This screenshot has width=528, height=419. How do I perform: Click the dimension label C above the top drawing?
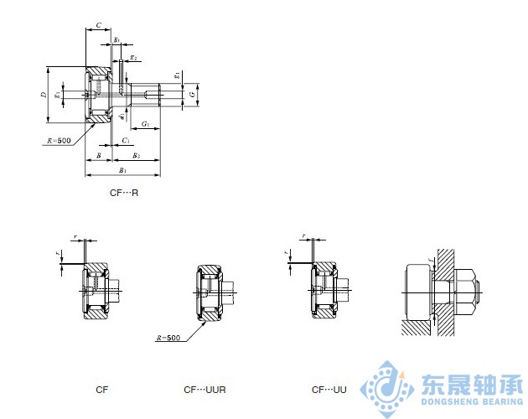tap(99, 26)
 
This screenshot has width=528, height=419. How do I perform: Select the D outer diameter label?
tap(43, 95)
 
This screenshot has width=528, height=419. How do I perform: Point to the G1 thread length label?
tap(146, 124)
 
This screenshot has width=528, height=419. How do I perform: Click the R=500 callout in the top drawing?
tap(60, 141)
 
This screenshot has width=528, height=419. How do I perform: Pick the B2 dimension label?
tap(136, 156)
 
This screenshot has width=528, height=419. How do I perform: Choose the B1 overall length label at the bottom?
tap(122, 171)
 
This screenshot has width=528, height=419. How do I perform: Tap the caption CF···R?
tap(123, 193)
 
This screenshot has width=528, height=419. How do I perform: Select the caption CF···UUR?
tap(205, 390)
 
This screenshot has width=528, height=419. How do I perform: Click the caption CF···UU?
tap(329, 390)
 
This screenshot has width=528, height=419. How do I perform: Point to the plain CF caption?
tap(102, 390)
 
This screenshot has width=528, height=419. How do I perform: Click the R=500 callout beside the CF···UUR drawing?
tap(168, 338)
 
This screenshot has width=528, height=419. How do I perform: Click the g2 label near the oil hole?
tap(134, 57)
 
